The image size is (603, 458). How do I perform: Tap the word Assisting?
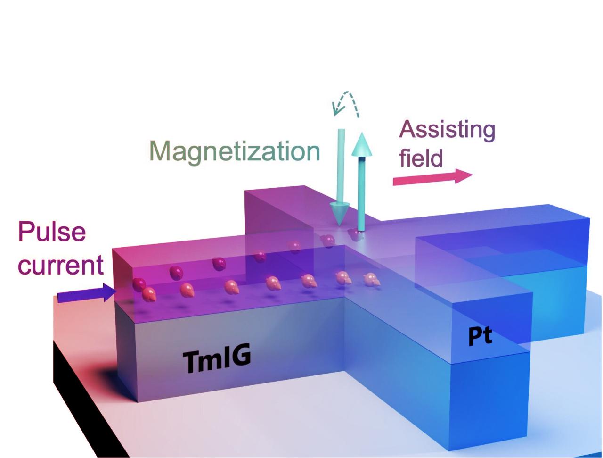point(447,130)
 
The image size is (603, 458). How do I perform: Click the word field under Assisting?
point(421,158)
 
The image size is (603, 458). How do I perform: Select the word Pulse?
point(52,232)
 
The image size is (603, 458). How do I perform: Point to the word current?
point(61,266)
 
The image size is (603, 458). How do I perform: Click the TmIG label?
point(216,359)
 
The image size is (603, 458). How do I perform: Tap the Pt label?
point(480,337)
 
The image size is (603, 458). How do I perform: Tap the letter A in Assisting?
point(409,130)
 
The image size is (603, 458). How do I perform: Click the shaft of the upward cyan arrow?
point(362,193)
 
